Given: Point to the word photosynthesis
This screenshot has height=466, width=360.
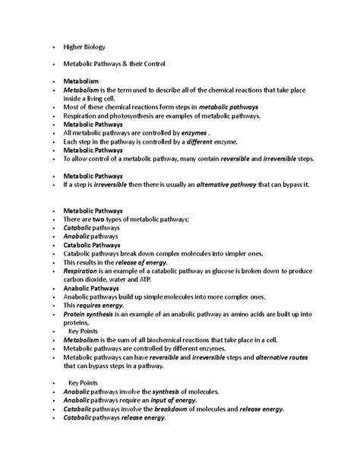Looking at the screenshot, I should coord(128,116).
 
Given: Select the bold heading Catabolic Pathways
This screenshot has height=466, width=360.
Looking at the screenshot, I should coord(92,246).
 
